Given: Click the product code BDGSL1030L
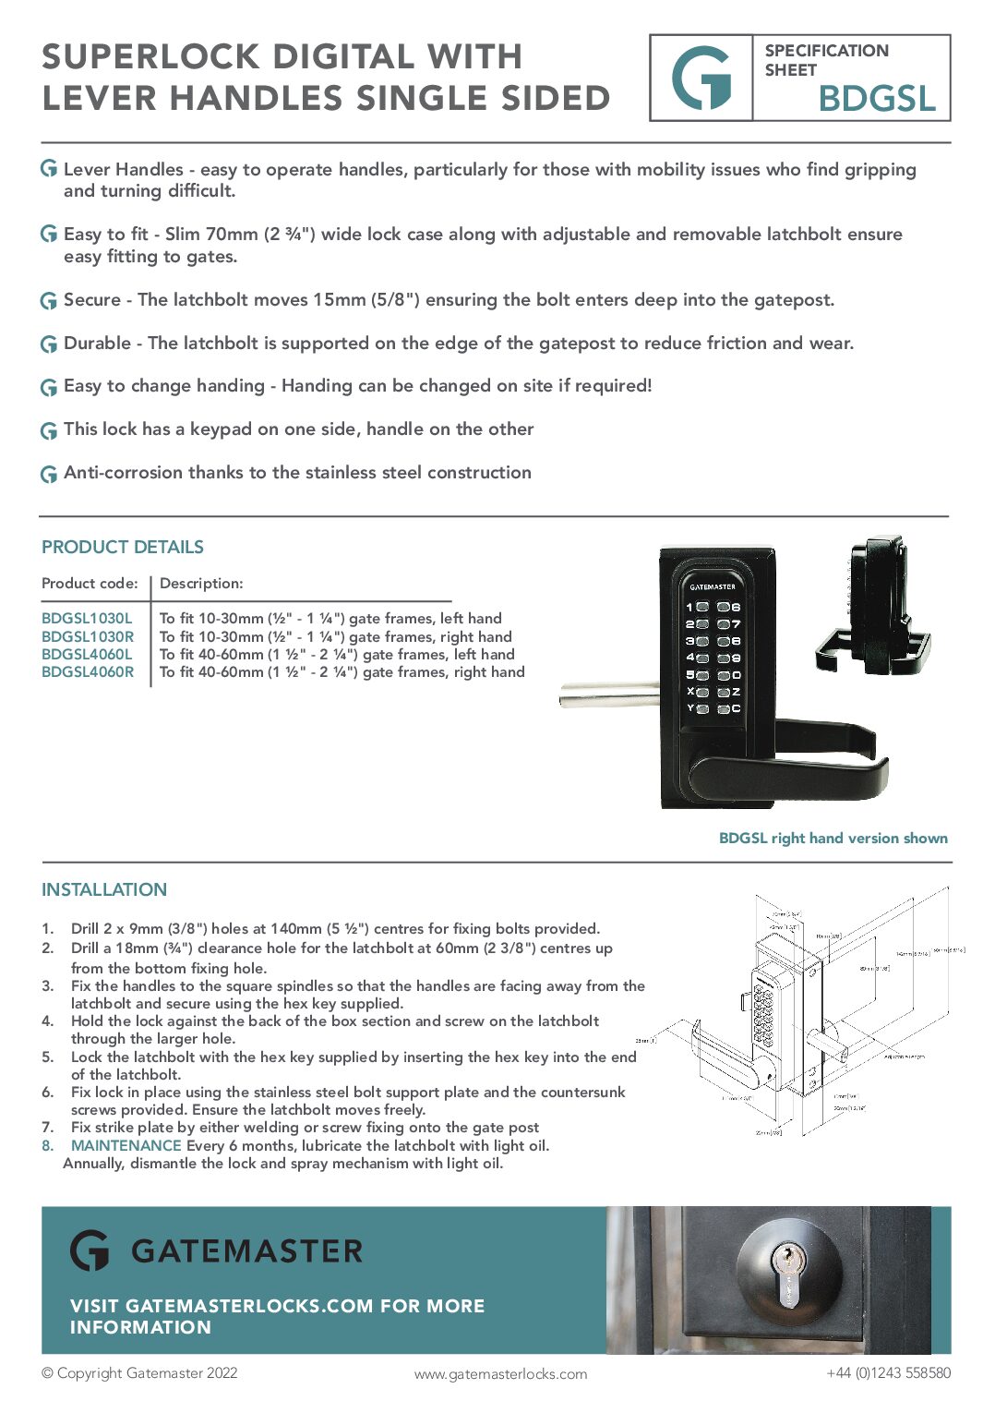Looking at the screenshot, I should click(x=87, y=619).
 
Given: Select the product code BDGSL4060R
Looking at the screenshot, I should click(x=88, y=672).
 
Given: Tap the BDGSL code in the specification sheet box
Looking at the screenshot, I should click(x=877, y=98).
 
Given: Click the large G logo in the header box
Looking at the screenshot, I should click(x=701, y=79).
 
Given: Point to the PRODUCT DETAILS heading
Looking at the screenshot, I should click(x=123, y=548).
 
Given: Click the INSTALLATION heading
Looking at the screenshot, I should click(x=104, y=890).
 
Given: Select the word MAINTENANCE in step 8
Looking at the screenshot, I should click(x=126, y=1146).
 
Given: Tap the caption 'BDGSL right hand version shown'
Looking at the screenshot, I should click(x=833, y=839).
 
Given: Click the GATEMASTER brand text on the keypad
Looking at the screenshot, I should click(x=713, y=586).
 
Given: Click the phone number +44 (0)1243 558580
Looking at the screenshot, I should click(x=888, y=1373).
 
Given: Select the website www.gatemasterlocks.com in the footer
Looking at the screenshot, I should click(x=500, y=1374).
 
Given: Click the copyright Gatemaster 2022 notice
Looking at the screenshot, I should click(x=139, y=1373).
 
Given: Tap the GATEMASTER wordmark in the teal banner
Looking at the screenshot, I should click(x=246, y=1251).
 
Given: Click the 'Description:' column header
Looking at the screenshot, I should click(x=201, y=584).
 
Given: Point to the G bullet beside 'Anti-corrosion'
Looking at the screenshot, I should click(x=49, y=474).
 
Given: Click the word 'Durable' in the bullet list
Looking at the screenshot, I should click(x=97, y=344).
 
